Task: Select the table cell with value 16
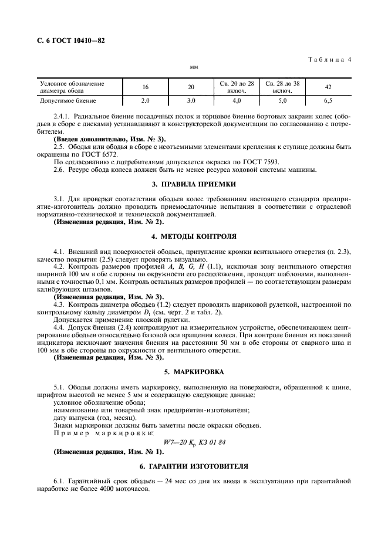click(x=145, y=87)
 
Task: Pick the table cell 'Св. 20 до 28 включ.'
click(x=237, y=87)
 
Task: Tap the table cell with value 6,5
click(x=329, y=101)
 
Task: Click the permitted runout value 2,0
click(x=145, y=101)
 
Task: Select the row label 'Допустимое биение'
click(x=65, y=101)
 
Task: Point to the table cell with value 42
click(x=329, y=87)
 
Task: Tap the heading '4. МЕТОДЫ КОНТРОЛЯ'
click(x=194, y=237)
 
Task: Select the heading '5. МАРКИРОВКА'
click(x=194, y=371)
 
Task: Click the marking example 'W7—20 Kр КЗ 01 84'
click(x=194, y=442)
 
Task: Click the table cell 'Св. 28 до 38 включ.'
click(x=282, y=87)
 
